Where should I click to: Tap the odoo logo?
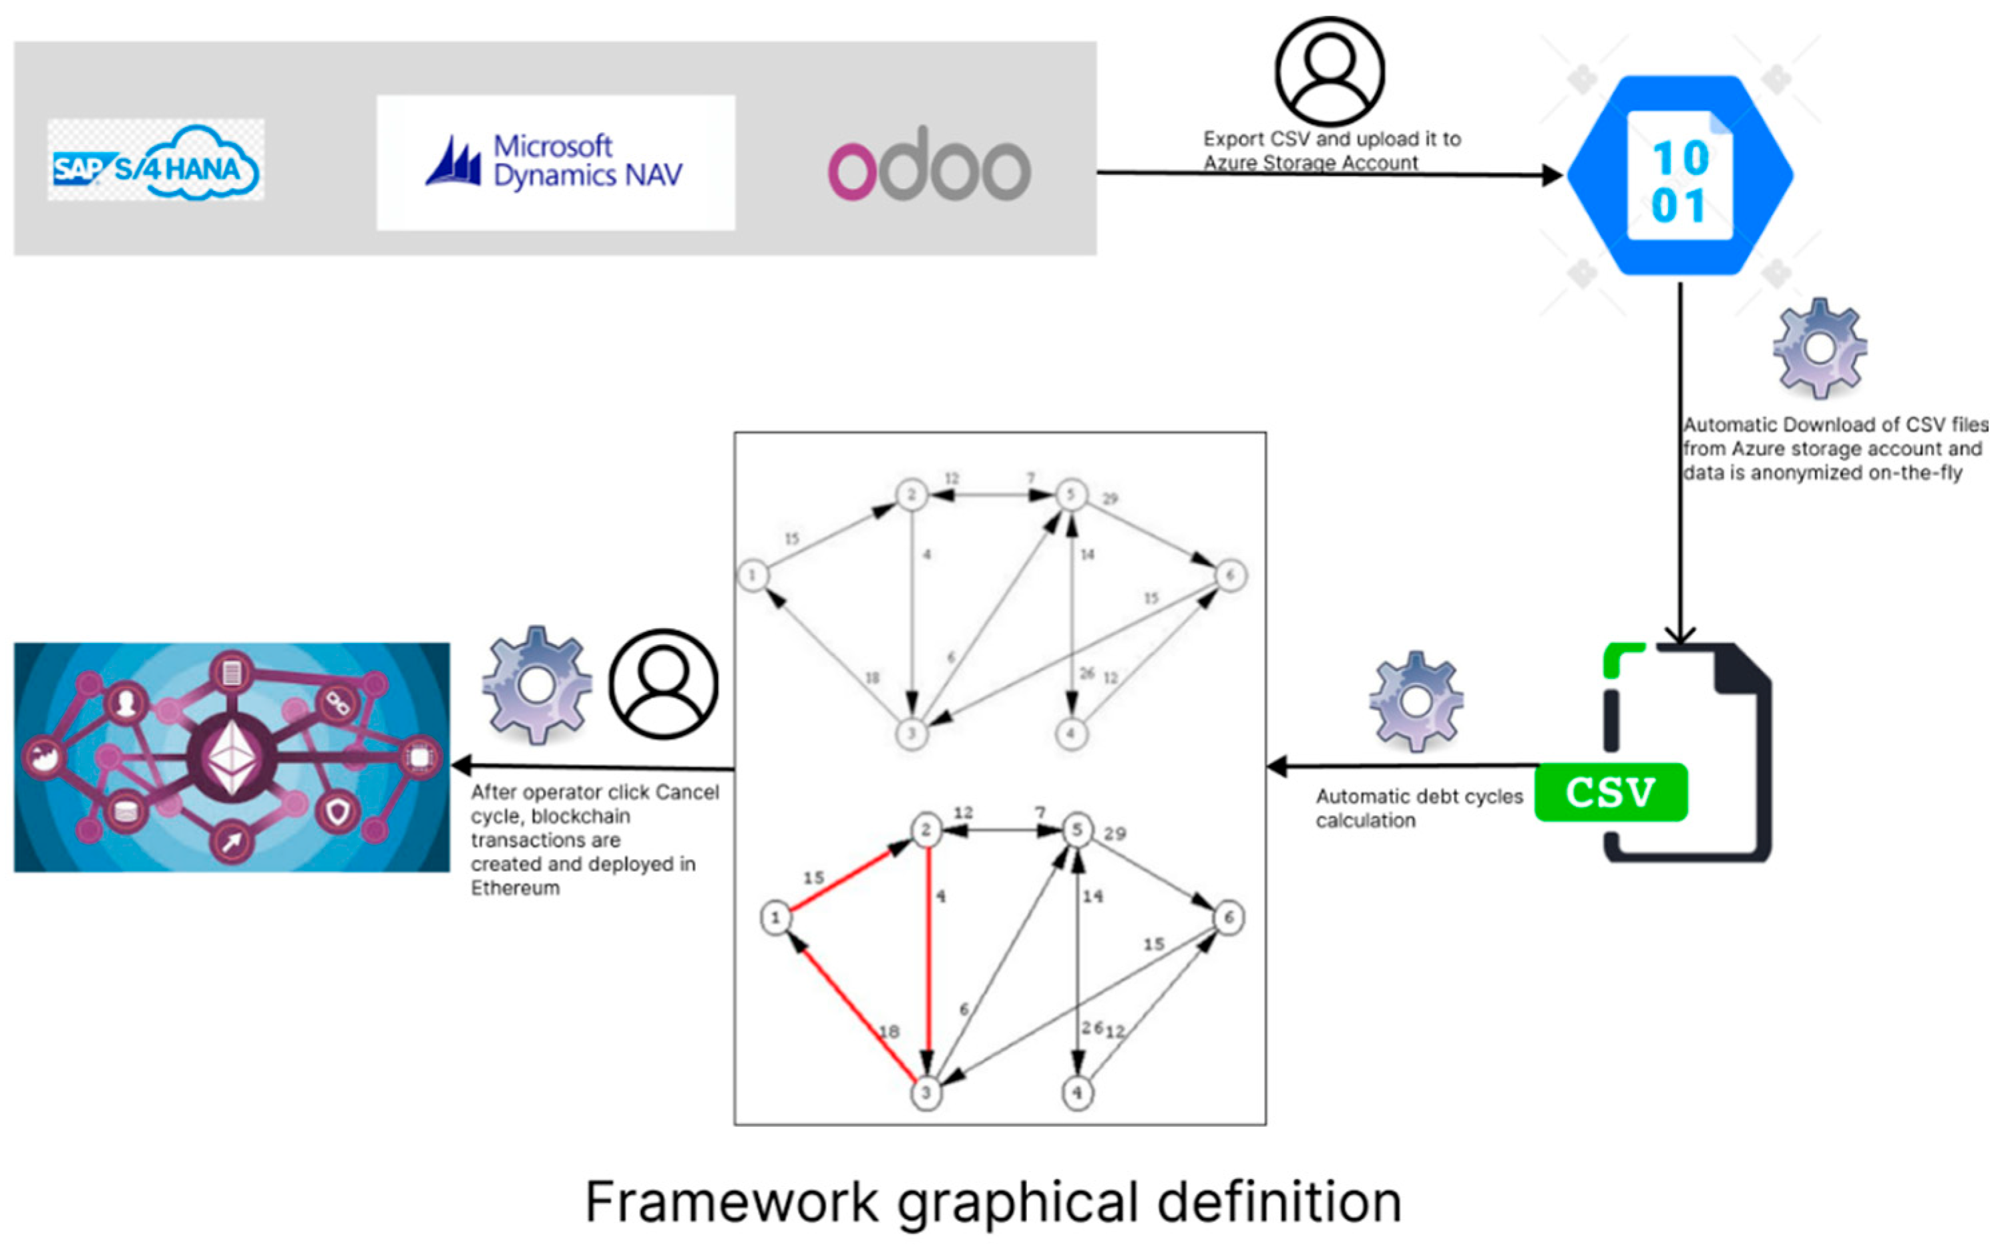(929, 164)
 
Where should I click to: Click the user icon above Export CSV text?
(1328, 71)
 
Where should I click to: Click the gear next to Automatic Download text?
(1819, 349)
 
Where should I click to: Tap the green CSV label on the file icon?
(1610, 792)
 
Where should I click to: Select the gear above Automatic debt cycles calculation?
(1416, 702)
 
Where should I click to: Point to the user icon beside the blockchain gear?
(663, 684)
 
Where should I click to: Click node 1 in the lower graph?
(775, 917)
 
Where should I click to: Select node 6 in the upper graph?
(1229, 575)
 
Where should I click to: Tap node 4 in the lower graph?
(1077, 1093)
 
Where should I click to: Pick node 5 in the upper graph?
(1070, 494)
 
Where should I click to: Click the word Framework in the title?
(731, 1202)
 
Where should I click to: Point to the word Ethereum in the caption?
(515, 889)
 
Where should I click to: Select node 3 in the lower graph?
(926, 1093)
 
